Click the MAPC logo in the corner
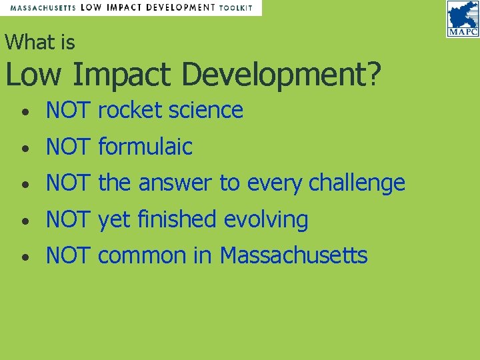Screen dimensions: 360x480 (463, 19)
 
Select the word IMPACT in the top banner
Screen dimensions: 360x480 (125, 8)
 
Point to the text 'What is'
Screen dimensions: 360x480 (40, 43)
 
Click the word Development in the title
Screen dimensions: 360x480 (273, 75)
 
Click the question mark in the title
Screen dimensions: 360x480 (376, 75)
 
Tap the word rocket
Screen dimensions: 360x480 (131, 110)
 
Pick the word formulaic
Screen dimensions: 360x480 (145, 147)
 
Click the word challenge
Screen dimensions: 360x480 (357, 183)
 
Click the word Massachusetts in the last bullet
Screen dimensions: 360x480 (293, 255)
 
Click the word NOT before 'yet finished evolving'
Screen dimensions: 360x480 (67, 219)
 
